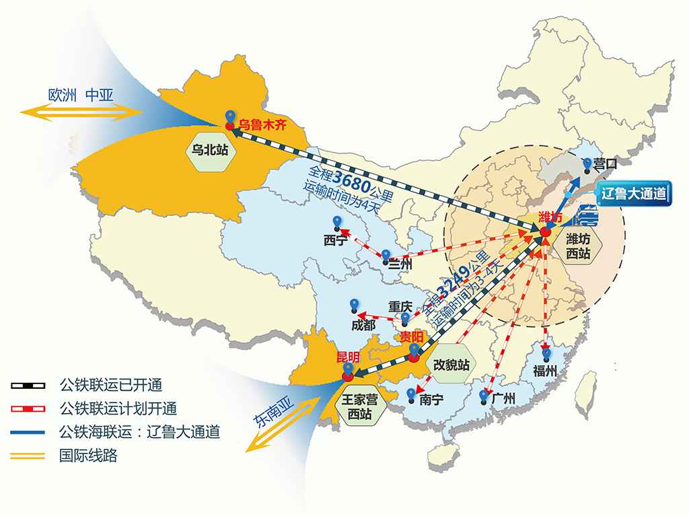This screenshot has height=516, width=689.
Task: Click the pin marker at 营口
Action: click(587, 163)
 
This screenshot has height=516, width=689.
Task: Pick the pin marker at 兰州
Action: click(386, 256)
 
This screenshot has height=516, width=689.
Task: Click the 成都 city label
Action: click(363, 326)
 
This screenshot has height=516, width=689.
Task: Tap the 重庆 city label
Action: click(400, 307)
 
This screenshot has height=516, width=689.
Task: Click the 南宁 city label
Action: click(431, 400)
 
